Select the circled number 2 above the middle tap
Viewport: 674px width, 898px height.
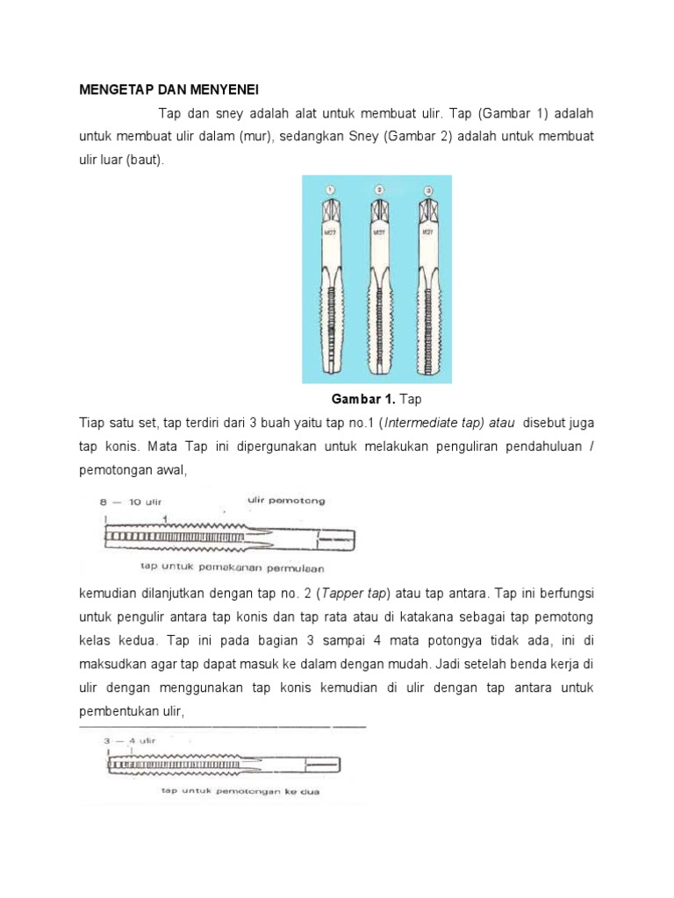379,189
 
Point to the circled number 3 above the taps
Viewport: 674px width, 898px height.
427,189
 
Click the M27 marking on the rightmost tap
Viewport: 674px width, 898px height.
428,233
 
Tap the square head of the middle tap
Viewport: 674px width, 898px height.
379,213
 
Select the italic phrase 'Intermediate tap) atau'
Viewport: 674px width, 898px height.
453,423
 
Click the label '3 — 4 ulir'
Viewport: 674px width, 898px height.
129,740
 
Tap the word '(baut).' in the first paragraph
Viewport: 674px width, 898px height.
144,160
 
